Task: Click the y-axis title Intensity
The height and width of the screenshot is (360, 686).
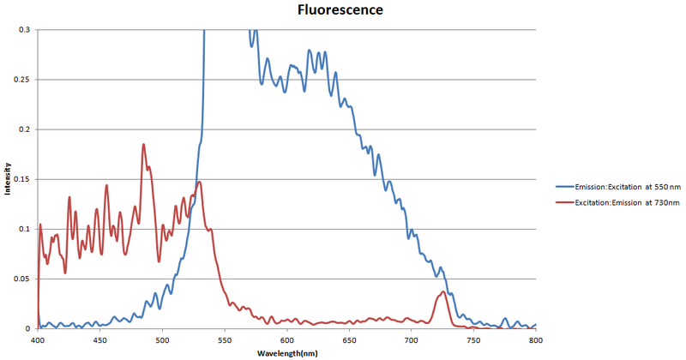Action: [7, 179]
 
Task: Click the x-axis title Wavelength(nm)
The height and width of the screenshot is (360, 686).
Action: [286, 353]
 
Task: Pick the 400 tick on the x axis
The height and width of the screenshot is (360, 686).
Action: [38, 339]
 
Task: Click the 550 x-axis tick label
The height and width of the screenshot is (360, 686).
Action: [225, 339]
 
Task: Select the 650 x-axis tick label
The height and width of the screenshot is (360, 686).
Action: [349, 339]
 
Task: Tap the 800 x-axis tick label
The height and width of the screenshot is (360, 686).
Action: [535, 339]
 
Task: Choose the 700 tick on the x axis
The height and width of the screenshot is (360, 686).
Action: [411, 339]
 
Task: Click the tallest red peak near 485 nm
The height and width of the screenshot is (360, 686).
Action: [143, 145]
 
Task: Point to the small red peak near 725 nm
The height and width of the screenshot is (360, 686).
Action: [442, 292]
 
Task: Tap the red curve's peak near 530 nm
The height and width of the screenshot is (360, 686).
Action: [199, 182]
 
